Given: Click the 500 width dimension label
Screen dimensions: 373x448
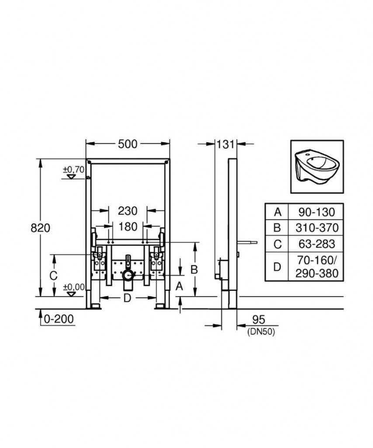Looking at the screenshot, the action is click(128, 144).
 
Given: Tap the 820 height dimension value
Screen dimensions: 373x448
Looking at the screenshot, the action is click(40, 228).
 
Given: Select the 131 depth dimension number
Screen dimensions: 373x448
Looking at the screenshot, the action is click(226, 144).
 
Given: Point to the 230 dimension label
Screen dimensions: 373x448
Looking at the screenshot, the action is click(128, 211).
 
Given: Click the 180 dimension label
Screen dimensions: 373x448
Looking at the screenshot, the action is click(128, 227).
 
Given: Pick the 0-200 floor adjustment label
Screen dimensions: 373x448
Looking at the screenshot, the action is click(59, 319).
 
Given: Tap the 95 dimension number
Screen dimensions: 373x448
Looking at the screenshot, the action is click(258, 319).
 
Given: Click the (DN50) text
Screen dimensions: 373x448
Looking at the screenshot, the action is click(261, 332).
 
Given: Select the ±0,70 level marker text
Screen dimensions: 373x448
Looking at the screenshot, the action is click(74, 170).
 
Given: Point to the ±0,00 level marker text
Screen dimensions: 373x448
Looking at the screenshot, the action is click(74, 287).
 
